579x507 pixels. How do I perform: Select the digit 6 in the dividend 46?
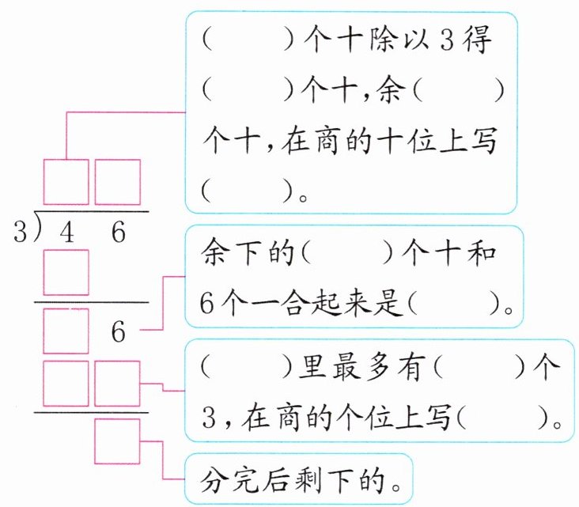118,233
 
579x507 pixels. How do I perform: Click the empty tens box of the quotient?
66,183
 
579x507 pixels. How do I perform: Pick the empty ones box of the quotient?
118,183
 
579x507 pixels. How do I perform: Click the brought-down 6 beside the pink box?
118,331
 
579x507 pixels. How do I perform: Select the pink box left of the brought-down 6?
66,331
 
